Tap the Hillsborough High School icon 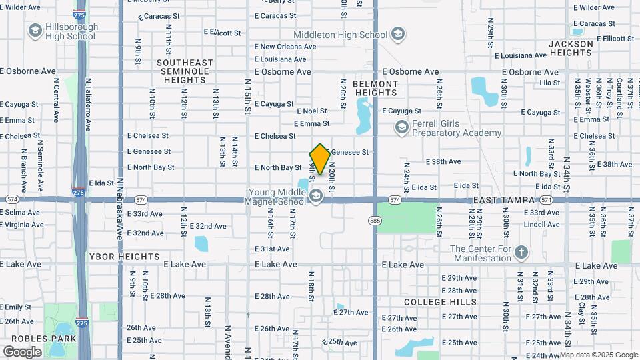35,31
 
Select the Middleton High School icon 398,35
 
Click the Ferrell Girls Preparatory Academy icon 401,127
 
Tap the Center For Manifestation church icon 521,253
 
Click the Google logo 22,351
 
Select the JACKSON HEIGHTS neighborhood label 571,48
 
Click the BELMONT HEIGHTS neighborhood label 375,89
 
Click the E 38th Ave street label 443,161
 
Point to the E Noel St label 310,111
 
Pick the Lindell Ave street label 541,224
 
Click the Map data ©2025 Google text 599,355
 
